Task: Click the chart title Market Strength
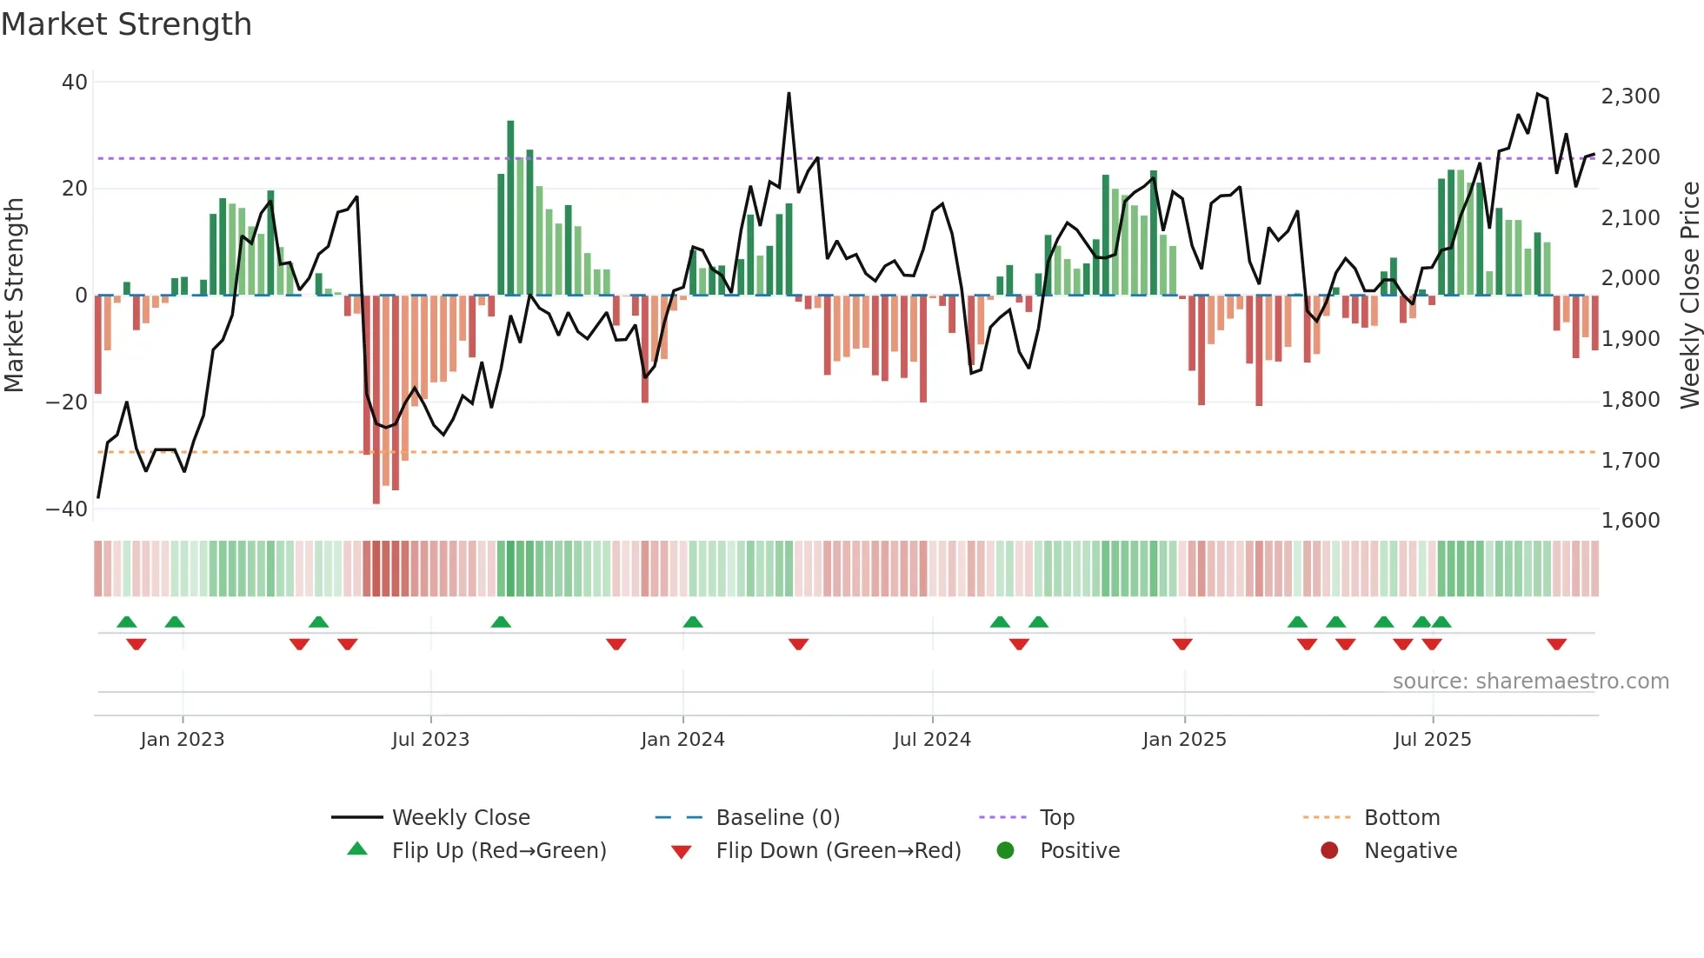tap(126, 24)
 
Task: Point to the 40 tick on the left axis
tap(75, 83)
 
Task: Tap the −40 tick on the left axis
tap(68, 509)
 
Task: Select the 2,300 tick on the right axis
tap(1630, 96)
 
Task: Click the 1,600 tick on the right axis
tap(1630, 521)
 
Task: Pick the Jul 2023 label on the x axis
tap(430, 740)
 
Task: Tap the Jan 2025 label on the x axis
tap(1184, 740)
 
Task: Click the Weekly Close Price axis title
tap(1689, 296)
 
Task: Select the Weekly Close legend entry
tap(461, 818)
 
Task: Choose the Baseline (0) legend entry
tap(777, 818)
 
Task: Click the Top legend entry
tap(1057, 818)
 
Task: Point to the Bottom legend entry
tap(1401, 818)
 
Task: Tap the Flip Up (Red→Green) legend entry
tap(499, 851)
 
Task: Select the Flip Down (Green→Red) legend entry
tap(838, 851)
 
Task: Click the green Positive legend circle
tap(1006, 851)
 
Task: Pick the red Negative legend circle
tap(1329, 851)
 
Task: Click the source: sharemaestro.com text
tap(1530, 682)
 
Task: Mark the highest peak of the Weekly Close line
tap(789, 93)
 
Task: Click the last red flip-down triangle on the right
tap(1556, 644)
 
